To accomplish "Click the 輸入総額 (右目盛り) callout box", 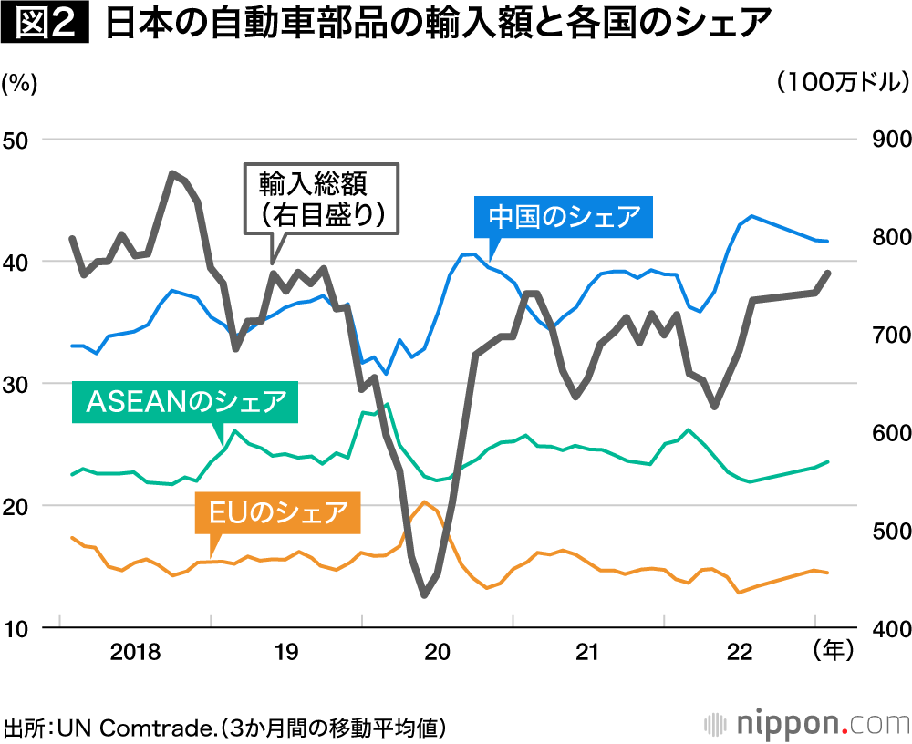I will click(321, 200).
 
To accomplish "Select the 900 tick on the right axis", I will click(879, 139).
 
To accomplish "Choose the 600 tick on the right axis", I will click(879, 432).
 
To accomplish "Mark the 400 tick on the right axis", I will click(879, 628).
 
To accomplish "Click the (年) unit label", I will click(832, 651).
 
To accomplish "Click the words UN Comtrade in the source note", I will click(138, 728).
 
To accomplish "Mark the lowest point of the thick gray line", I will click(424, 595).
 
